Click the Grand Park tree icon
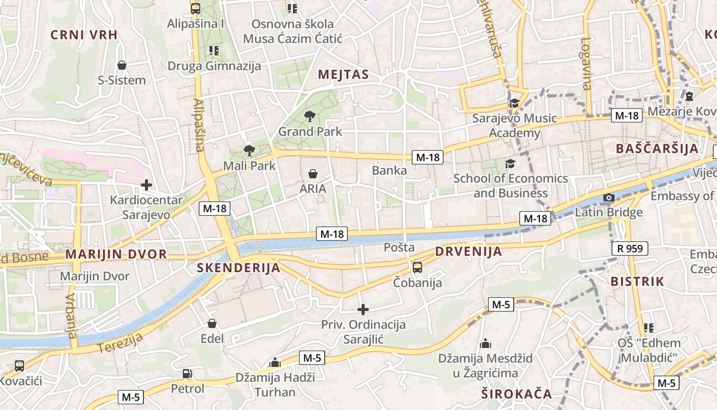point(309,116)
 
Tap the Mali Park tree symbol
point(249,150)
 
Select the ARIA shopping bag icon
point(313,174)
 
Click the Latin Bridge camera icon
point(609,197)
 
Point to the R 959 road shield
point(630,249)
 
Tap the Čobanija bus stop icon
point(417,267)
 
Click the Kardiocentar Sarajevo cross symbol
point(146,184)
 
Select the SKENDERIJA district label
point(239,268)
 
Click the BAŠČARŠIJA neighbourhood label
point(657,149)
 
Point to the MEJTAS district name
point(343,75)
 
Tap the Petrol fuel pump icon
point(187,374)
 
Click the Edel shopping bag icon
point(212,323)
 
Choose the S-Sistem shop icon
point(122,65)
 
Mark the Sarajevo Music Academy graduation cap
point(514,103)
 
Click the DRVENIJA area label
point(469,252)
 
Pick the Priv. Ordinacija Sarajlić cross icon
point(363,310)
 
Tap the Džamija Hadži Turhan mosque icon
point(275,362)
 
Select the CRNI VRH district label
point(84,35)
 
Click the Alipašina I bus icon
point(196,8)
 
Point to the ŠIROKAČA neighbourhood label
point(517,394)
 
